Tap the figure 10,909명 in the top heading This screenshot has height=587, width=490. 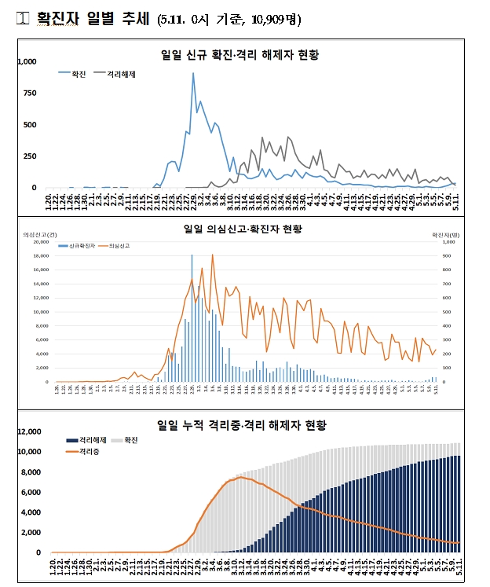click(x=272, y=20)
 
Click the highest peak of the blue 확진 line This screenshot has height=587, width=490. click(x=193, y=74)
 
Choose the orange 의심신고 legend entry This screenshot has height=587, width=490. click(x=115, y=246)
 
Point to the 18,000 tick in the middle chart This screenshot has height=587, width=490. click(x=38, y=255)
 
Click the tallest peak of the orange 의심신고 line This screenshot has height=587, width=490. click(x=212, y=255)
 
